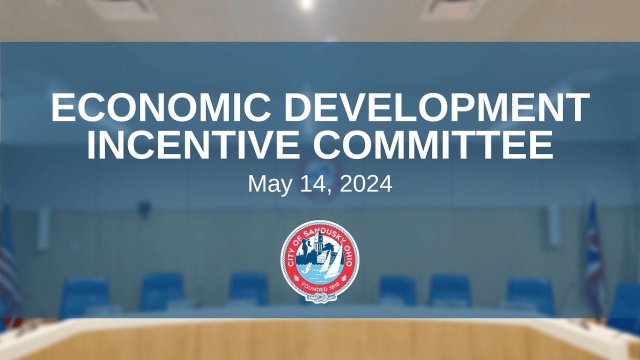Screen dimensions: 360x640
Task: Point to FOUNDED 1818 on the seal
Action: [319, 288]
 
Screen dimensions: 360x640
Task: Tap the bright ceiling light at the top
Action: [306, 4]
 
